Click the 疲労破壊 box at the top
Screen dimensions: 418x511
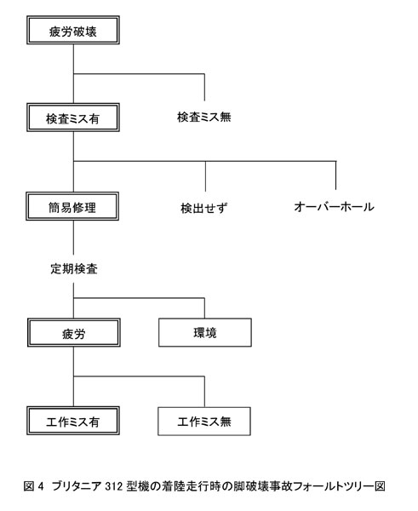(73, 30)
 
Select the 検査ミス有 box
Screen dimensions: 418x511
(73, 118)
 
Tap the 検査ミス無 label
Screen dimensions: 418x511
(204, 117)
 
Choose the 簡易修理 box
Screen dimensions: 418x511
(72, 206)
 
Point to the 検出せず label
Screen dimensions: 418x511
(203, 208)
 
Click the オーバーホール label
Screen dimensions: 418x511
(334, 207)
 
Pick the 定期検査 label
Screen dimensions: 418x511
(74, 269)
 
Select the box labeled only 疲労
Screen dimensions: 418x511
(74, 333)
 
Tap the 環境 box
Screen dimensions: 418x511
(205, 332)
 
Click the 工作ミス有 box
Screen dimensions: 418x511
(73, 421)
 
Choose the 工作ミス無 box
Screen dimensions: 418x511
(204, 421)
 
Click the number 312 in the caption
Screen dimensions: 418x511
(114, 486)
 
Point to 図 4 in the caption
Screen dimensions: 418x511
(33, 486)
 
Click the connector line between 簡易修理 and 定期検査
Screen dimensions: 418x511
(73, 238)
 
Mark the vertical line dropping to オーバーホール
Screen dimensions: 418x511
(336, 175)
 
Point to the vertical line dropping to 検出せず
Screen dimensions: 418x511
(205, 176)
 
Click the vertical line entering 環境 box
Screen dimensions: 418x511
(204, 308)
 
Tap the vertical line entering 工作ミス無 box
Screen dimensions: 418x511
(204, 392)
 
